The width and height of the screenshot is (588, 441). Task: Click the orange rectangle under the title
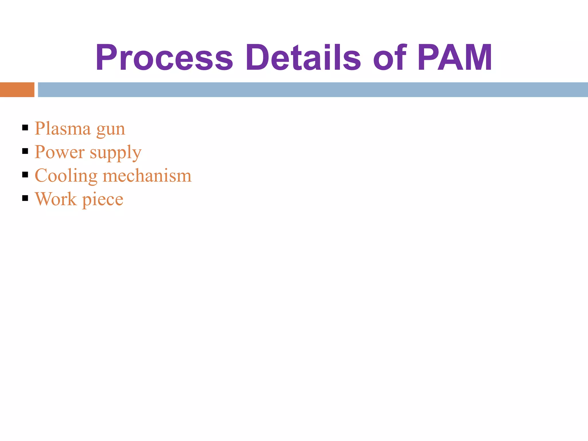coord(17,90)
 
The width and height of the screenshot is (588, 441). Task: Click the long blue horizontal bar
coord(313,90)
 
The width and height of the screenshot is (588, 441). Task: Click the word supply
coord(115,153)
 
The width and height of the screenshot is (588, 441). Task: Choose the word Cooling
coord(66,176)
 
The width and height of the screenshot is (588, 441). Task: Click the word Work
coord(56,199)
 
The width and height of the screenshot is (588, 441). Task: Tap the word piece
coord(103,200)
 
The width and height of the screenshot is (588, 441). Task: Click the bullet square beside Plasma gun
coord(25,127)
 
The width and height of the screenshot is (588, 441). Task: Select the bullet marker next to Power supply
coord(25,151)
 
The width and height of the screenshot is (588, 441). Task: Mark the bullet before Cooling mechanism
coord(25,175)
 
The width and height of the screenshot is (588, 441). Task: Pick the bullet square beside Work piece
coord(25,198)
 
